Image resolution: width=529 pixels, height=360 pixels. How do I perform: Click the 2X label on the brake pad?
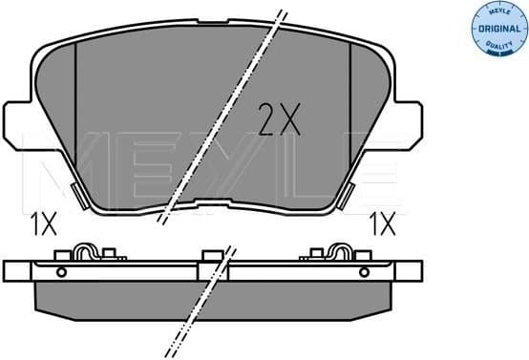[280, 119]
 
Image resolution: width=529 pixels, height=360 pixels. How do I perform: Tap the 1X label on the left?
[44, 224]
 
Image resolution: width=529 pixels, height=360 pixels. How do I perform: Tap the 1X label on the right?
[383, 224]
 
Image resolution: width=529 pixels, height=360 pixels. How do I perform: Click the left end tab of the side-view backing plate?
[17, 270]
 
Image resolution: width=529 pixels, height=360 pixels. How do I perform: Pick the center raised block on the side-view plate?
[210, 256]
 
